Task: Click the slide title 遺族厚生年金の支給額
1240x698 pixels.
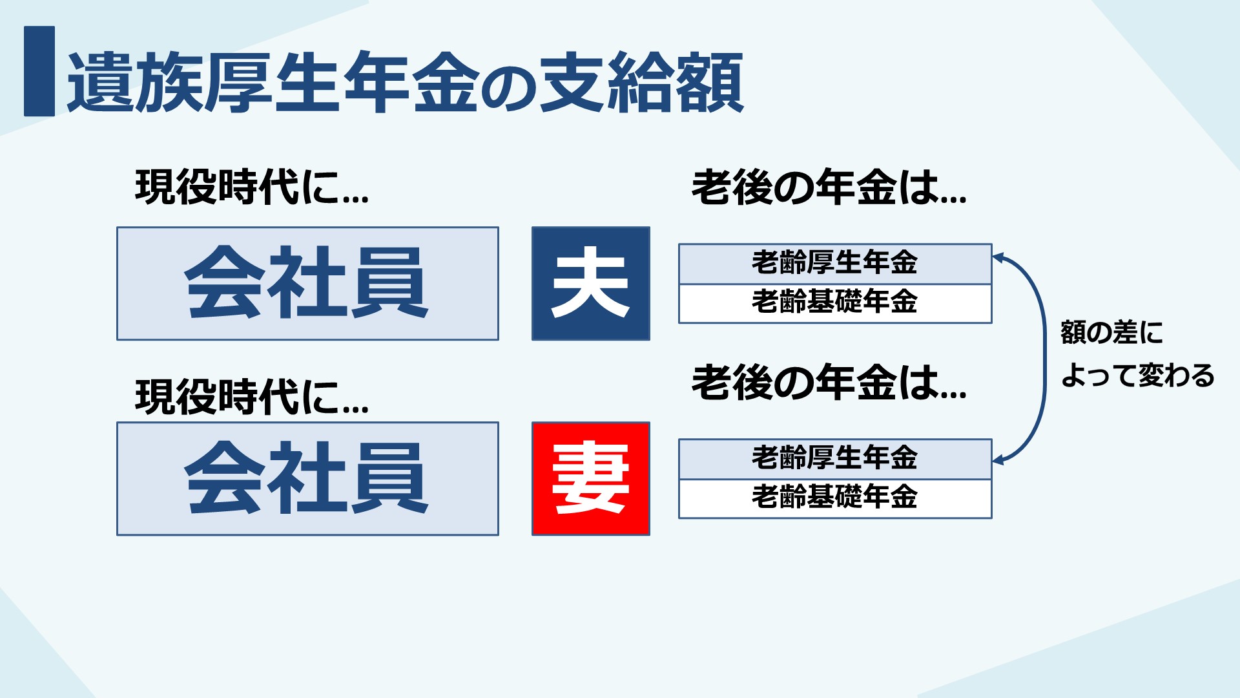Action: click(406, 82)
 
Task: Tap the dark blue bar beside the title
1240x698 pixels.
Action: click(39, 71)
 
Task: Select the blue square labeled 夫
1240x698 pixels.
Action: click(590, 283)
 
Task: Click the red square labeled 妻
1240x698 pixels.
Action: click(590, 479)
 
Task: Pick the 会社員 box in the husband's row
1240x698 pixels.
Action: click(307, 283)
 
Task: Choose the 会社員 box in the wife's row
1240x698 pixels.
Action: click(307, 479)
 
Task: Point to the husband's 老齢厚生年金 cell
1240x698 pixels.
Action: click(835, 264)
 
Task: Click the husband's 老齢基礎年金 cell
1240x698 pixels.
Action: click(835, 303)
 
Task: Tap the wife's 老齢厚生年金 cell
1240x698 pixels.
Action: click(835, 459)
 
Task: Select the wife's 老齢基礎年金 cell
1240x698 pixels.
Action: click(835, 498)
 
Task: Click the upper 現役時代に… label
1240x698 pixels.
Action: click(252, 187)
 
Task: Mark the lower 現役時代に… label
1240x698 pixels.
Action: click(252, 396)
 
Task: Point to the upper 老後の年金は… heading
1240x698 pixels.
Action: click(829, 187)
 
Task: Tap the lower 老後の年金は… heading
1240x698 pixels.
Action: click(829, 382)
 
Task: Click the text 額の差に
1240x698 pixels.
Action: click(1111, 333)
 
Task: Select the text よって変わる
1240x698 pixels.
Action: click(1138, 375)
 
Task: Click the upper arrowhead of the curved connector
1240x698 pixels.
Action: click(998, 257)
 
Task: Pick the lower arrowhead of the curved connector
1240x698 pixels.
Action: click(998, 460)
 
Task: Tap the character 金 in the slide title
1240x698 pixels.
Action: click(445, 82)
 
